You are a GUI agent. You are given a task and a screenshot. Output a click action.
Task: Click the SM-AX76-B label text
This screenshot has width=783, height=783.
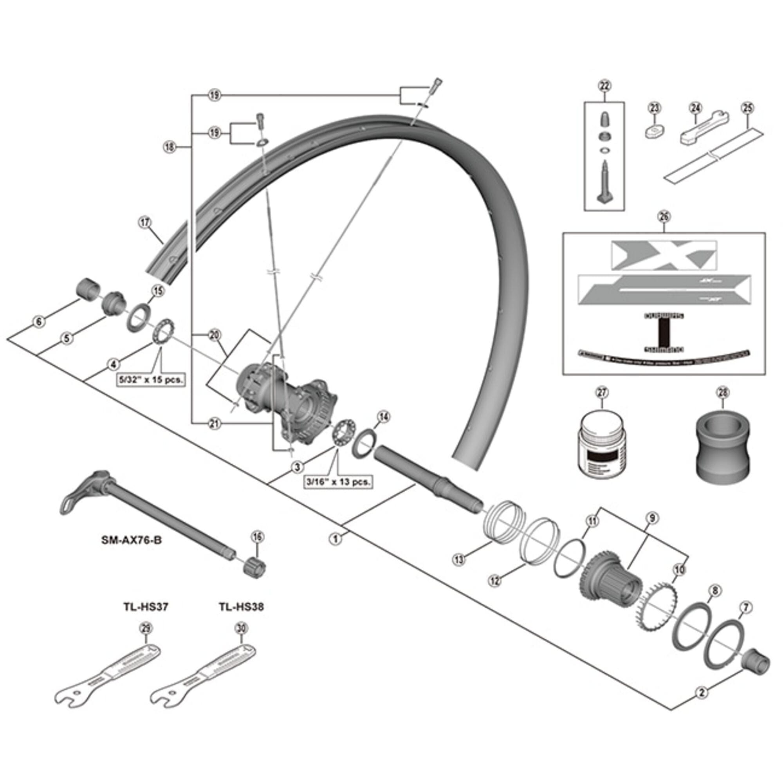coord(131,541)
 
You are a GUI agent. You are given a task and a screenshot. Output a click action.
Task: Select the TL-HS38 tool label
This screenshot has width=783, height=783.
coord(242,607)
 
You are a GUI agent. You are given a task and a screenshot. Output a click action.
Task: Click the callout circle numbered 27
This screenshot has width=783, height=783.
coord(602,393)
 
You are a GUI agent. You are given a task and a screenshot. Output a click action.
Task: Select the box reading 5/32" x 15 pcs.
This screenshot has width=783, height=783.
coord(151,380)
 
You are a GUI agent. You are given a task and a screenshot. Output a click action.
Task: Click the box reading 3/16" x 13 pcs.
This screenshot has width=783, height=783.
coord(338,482)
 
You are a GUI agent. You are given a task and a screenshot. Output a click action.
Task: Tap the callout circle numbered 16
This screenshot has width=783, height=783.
coord(258,537)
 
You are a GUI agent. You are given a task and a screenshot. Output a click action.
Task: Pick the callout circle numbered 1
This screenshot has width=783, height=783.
coord(336,539)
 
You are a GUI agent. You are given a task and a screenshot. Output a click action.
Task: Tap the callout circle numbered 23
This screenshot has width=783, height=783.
coord(655,108)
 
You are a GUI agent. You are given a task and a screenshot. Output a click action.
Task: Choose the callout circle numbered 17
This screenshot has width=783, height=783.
coord(145,222)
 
